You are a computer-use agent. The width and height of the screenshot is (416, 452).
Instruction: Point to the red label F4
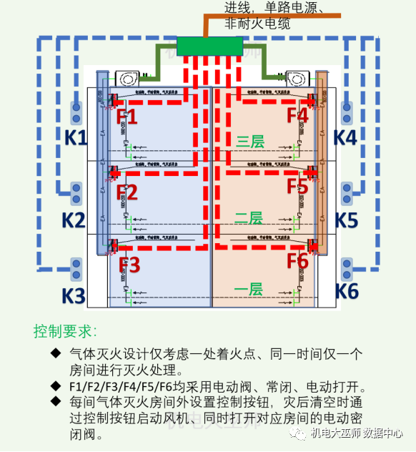click(x=297, y=115)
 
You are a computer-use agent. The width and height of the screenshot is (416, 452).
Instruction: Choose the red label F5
click(x=297, y=186)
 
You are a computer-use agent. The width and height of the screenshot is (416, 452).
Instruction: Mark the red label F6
click(x=297, y=260)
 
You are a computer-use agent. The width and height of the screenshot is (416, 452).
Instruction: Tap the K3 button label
click(x=75, y=294)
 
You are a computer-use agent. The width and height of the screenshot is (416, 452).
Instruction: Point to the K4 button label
click(x=346, y=137)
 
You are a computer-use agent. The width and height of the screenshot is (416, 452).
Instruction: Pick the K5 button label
click(x=346, y=219)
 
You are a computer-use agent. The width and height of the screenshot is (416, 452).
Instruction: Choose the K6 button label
click(x=346, y=290)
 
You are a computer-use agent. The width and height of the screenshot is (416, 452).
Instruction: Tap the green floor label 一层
click(x=249, y=289)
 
